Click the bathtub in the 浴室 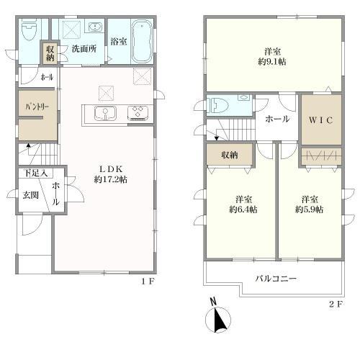click(x=143, y=41)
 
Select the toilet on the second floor click(x=218, y=105)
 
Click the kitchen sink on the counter click(x=105, y=113)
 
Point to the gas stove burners click(x=138, y=112)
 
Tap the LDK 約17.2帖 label click(x=111, y=174)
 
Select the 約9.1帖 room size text click(x=272, y=62)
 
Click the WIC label click(x=320, y=120)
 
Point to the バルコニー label click(x=276, y=279)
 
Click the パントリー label click(x=37, y=107)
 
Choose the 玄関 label click(x=31, y=195)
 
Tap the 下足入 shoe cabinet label click(x=36, y=173)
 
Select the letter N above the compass click(x=213, y=302)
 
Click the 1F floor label click(x=148, y=282)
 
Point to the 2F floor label click(x=336, y=305)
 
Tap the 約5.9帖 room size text click(x=309, y=210)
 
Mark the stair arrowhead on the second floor click(x=217, y=138)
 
